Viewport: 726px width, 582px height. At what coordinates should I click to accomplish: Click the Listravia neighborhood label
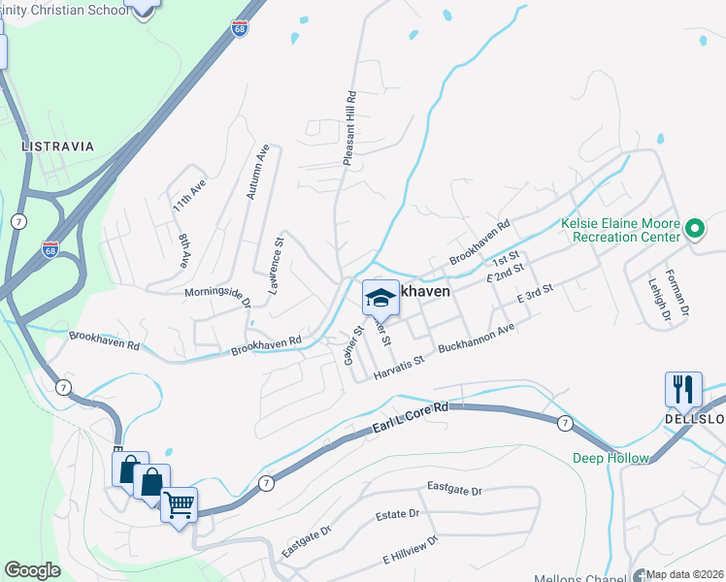click(58, 146)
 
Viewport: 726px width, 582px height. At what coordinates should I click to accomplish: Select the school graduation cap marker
click(380, 299)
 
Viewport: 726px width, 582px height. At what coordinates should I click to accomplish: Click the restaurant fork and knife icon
click(683, 389)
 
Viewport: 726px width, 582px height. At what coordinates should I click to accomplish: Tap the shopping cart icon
click(179, 503)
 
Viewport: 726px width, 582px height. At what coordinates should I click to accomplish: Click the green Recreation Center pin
click(694, 229)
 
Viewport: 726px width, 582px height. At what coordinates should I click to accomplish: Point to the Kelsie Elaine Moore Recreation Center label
click(621, 230)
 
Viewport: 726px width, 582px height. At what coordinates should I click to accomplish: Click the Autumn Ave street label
click(257, 173)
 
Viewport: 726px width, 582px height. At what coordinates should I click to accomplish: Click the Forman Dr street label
click(682, 292)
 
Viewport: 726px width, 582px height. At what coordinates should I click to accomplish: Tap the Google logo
click(32, 570)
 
